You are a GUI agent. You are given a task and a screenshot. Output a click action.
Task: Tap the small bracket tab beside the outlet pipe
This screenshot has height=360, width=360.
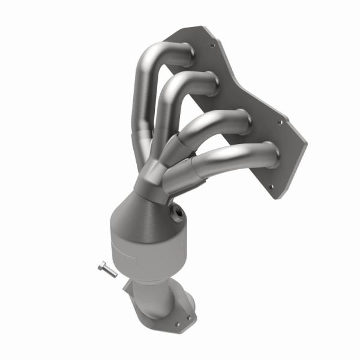[127, 287]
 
